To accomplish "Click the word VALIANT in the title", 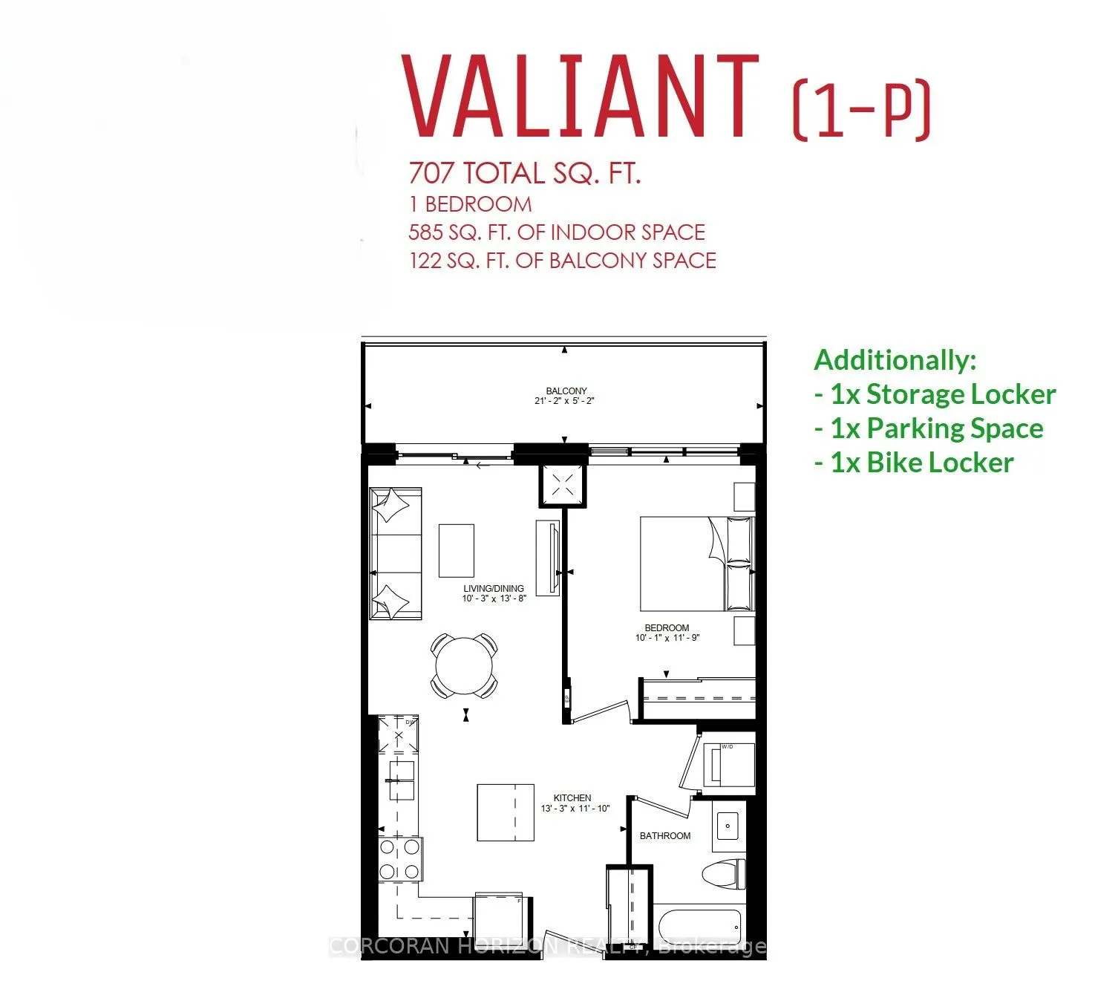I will click(x=579, y=97).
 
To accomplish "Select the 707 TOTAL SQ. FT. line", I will click(x=524, y=174).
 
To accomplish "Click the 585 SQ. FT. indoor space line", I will click(x=556, y=232).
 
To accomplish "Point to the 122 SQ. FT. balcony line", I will click(x=562, y=261).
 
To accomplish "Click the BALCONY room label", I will click(x=566, y=391).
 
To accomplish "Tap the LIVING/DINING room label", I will click(x=494, y=588).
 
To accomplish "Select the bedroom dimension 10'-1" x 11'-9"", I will click(x=667, y=638).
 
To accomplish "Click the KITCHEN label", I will click(x=572, y=798).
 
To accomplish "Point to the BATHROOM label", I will click(x=664, y=836).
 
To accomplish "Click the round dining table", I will click(x=465, y=665).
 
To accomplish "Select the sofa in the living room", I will click(x=396, y=553).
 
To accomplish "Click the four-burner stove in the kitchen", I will click(x=400, y=860).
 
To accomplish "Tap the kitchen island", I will click(x=506, y=812).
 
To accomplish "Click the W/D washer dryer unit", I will click(x=728, y=763).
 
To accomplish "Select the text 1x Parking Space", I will click(x=929, y=428).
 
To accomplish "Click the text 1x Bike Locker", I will click(x=914, y=463).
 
